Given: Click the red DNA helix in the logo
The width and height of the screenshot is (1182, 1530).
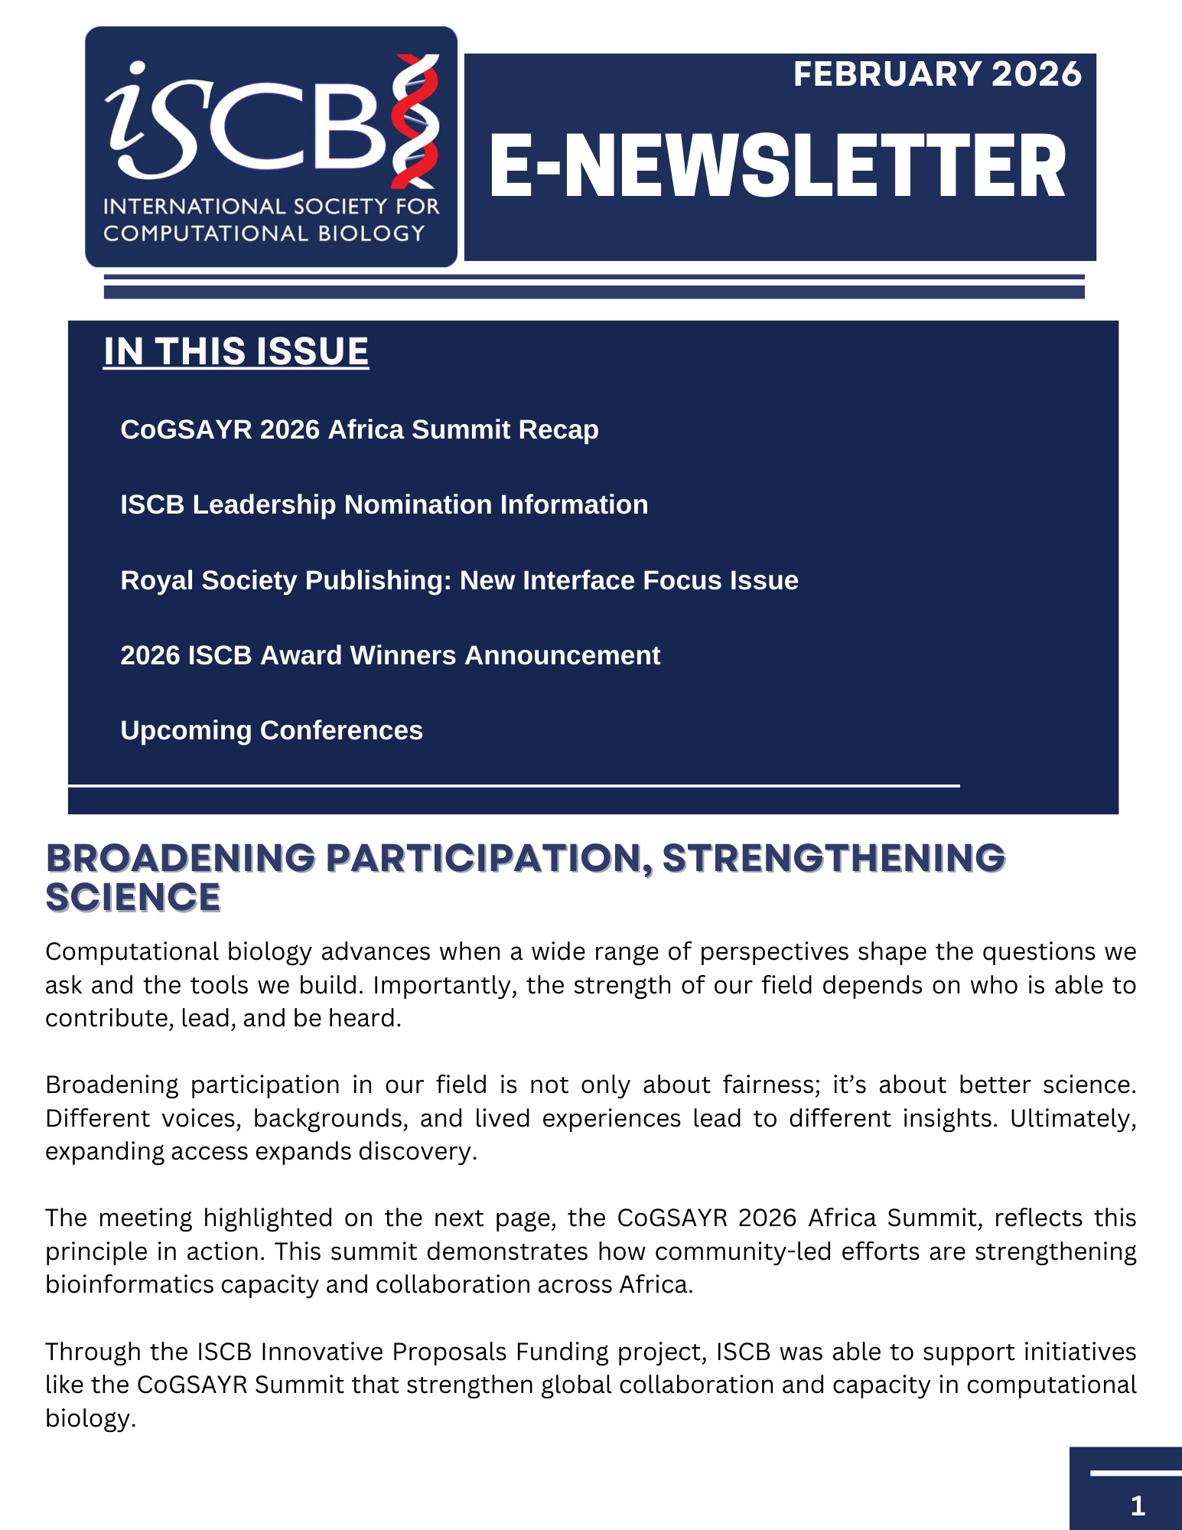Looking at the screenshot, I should coord(415,121).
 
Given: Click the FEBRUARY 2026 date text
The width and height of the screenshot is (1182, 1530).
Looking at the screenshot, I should coord(936,74).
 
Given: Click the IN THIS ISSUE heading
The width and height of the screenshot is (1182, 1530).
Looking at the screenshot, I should coord(236,352).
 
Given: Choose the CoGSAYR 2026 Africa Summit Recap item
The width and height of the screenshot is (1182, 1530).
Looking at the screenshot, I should coord(360,429).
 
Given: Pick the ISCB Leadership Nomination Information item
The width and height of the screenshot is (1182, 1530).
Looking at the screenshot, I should coord(384,504).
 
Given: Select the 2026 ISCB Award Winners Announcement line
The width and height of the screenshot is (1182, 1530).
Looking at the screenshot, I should coord(390,655).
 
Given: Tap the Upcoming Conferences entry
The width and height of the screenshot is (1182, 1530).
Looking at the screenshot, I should coord(272,730).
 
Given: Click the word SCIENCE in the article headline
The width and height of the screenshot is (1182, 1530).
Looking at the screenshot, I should coord(133,898).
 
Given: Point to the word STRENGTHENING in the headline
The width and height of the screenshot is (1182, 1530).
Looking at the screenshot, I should coord(833,858).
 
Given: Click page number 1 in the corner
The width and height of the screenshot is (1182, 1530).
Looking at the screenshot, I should coord(1137,1506).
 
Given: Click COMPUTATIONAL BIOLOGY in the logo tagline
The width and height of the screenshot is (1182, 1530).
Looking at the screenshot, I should coord(264,233).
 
